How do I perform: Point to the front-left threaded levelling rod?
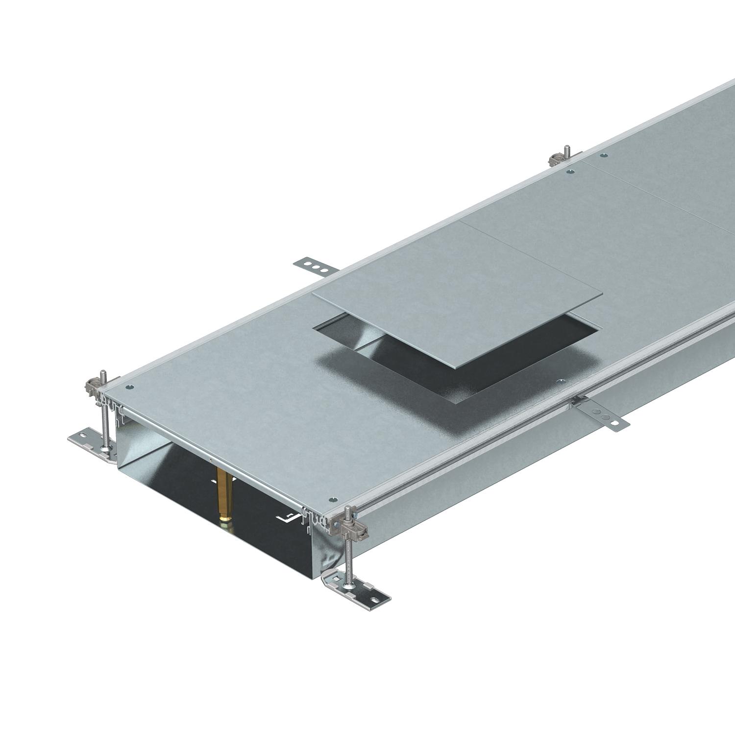click(104, 412)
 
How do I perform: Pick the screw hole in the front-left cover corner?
click(129, 388)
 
